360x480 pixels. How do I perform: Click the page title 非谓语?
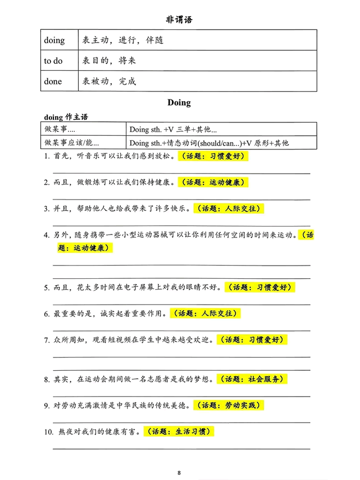[179, 20]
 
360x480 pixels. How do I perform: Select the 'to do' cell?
[53, 61]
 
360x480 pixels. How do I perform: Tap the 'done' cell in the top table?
[53, 81]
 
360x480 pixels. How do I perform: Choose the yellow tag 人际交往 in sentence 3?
[229, 209]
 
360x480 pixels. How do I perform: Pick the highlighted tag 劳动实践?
[228, 405]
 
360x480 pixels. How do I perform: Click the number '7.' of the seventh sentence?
[47, 340]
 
